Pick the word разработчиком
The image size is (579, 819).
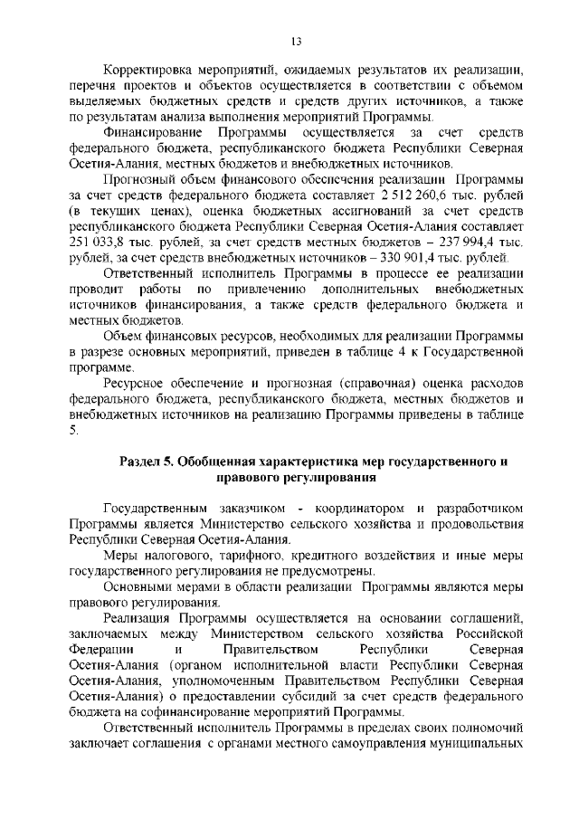(480, 508)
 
